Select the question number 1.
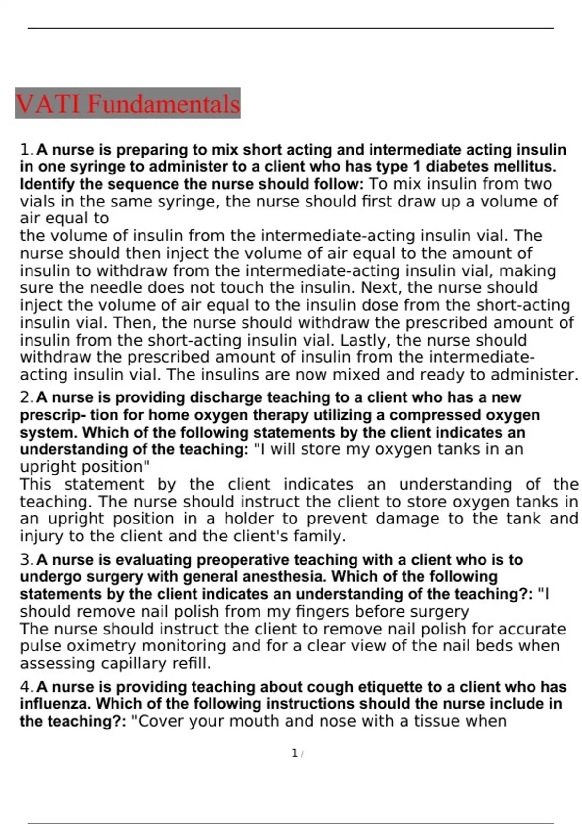coord(26,150)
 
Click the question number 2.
coord(26,397)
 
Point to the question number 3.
coord(26,560)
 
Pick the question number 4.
coord(26,687)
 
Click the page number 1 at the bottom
coord(294,753)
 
